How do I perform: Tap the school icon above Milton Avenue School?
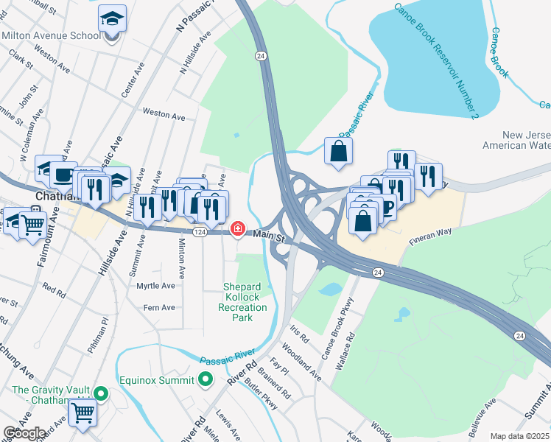(112, 18)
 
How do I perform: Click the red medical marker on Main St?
(238, 228)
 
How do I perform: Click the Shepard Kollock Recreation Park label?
(249, 302)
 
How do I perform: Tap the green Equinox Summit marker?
(206, 379)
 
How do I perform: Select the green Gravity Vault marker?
(103, 394)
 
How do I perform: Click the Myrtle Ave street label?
(156, 285)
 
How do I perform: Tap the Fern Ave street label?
(159, 307)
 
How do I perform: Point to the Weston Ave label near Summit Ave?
(164, 116)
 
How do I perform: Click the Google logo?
(25, 433)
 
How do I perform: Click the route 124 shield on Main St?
(200, 232)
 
